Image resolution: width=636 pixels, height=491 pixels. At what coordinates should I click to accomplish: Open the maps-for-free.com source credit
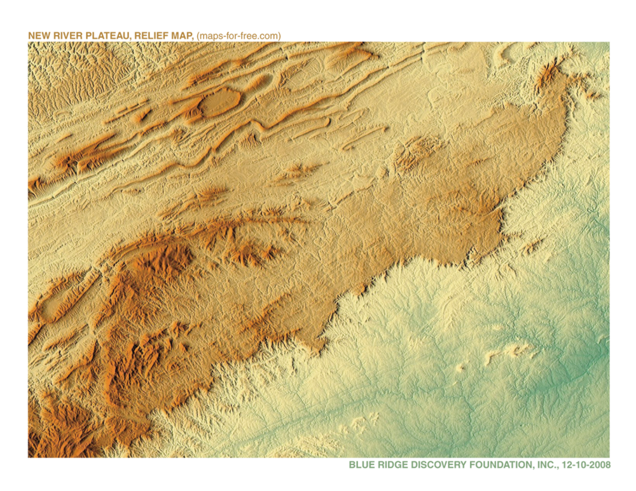coord(238,36)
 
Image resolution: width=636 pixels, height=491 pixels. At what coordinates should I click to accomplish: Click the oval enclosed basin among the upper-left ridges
coord(219,102)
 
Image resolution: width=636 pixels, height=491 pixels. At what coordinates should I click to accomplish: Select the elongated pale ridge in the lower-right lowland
coord(509,351)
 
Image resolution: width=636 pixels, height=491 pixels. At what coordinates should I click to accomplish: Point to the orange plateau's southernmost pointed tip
coord(316,347)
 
